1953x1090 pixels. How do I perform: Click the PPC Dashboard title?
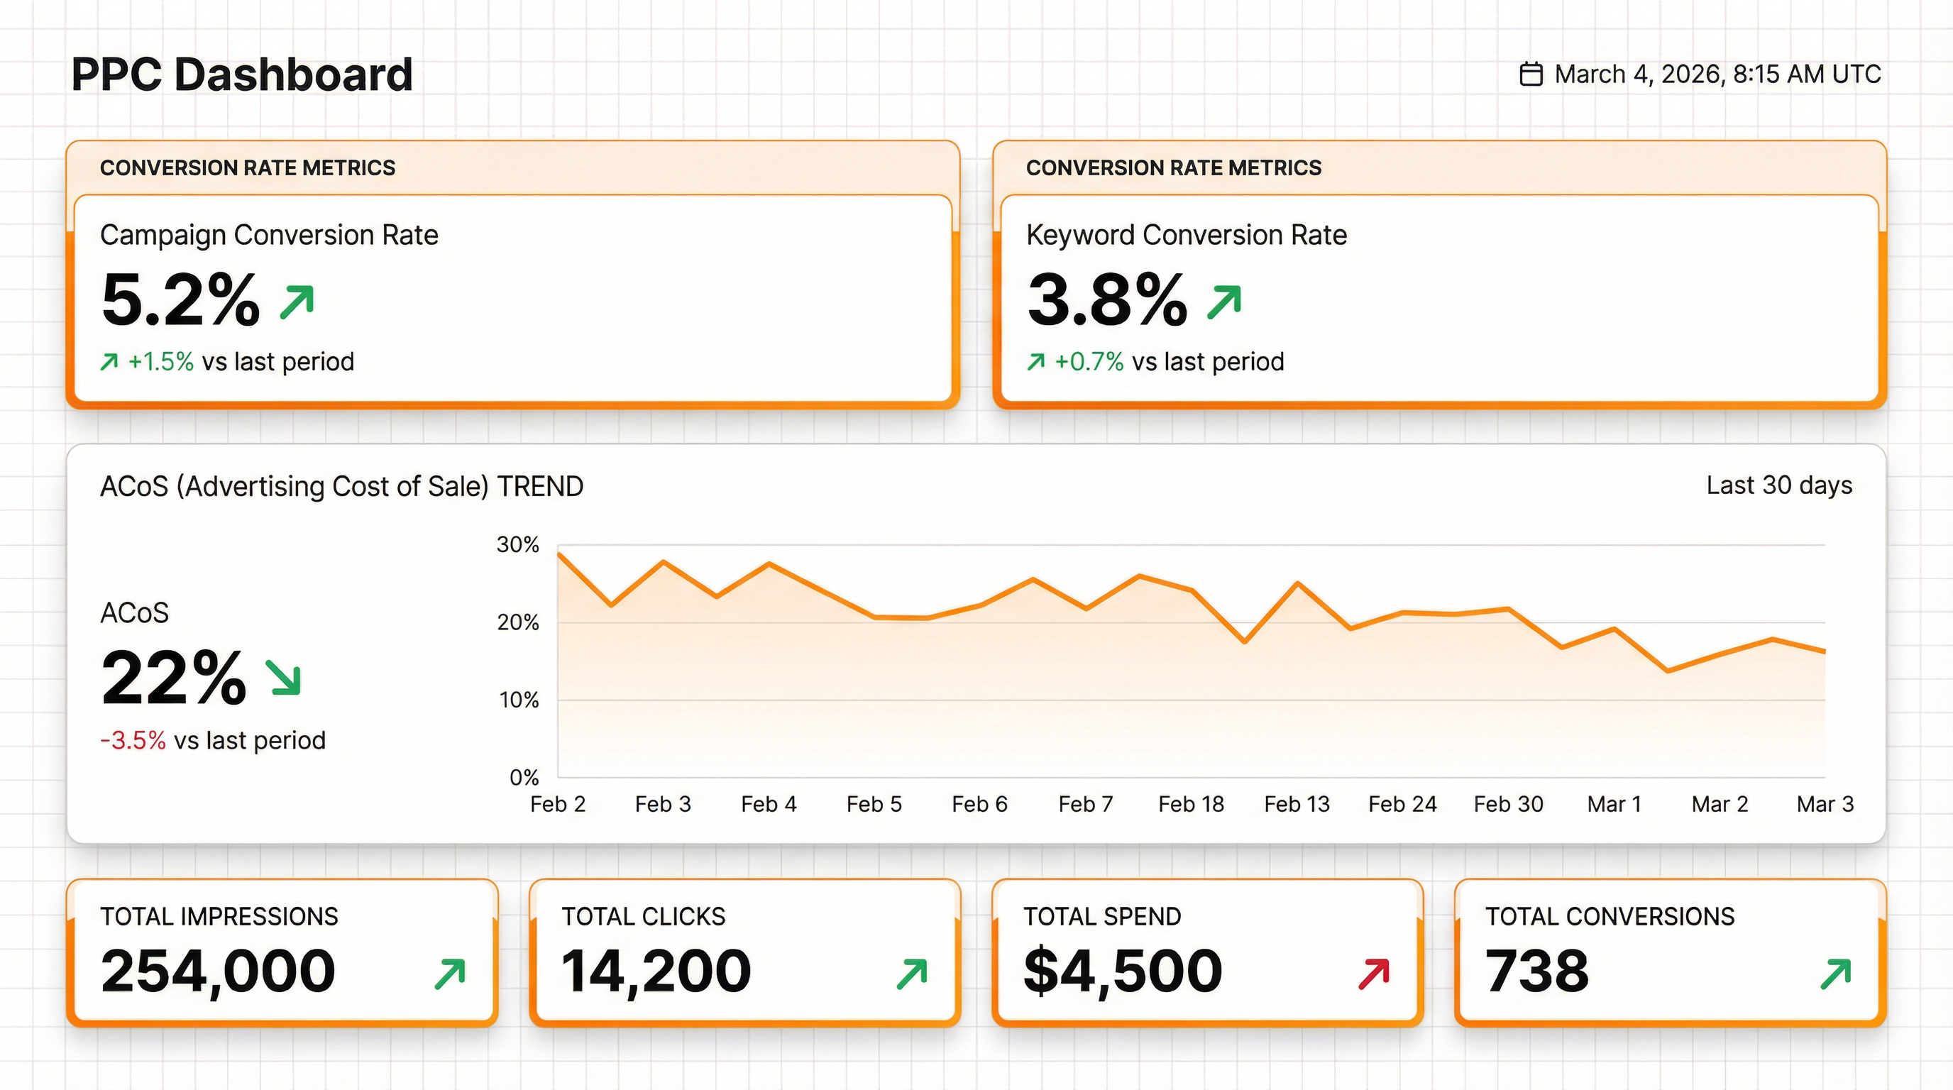pos(242,75)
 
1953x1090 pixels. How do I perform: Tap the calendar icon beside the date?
pos(1531,75)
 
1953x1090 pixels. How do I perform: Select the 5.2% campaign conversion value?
pos(180,300)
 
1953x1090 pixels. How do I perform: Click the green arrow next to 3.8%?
pos(1223,302)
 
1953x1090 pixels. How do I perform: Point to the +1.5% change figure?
pos(160,362)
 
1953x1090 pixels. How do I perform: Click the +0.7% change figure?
pos(1089,362)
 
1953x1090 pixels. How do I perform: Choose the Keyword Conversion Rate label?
pos(1186,235)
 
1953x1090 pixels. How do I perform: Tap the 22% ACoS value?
pos(174,677)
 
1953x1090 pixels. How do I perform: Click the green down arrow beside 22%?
pos(284,676)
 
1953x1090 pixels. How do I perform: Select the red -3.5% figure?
pos(133,740)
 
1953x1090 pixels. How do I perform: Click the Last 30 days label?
pos(1778,485)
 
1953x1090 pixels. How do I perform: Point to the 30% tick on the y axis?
pos(518,544)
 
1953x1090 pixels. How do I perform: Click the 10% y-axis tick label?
pos(519,700)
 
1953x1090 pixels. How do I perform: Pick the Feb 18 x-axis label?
pos(1190,803)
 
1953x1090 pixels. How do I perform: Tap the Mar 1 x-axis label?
pos(1614,803)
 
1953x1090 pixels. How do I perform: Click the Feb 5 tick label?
pos(874,803)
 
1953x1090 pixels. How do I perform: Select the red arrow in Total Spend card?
pos(1374,974)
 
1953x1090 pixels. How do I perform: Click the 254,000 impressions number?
pos(219,971)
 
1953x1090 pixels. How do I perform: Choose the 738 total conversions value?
pos(1536,971)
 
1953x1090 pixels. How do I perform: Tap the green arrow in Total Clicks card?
pos(912,974)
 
